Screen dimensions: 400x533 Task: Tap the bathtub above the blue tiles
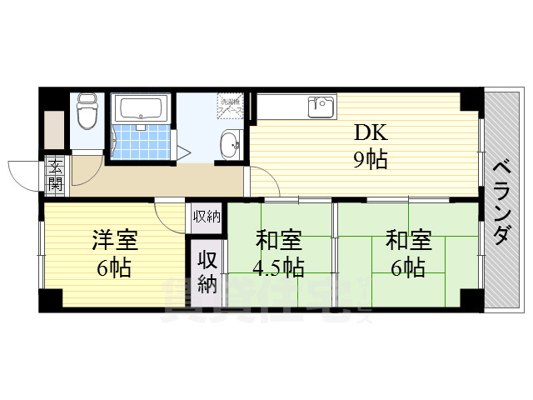pos(141,107)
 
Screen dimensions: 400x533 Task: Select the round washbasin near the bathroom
pos(229,147)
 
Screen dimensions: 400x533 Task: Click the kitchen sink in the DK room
pos(321,107)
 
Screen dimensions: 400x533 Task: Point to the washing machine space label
pos(231,105)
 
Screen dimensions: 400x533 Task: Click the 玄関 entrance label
pos(55,174)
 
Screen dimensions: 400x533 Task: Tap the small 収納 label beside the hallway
pos(207,217)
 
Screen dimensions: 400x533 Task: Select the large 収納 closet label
pos(207,272)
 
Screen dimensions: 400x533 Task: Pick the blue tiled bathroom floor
pos(140,140)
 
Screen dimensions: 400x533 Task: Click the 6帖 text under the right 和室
pos(408,268)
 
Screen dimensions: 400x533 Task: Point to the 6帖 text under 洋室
pos(113,268)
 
